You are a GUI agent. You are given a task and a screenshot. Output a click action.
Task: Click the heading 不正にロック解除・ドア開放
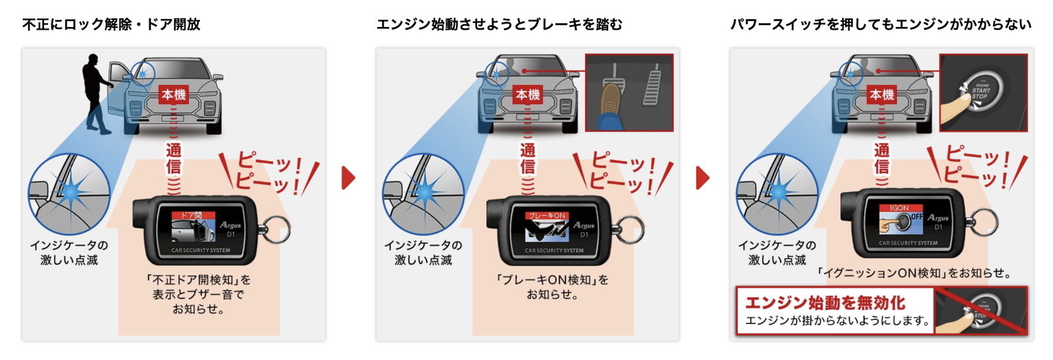click(111, 24)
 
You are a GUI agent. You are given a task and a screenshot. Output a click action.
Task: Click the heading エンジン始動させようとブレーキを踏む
click(499, 24)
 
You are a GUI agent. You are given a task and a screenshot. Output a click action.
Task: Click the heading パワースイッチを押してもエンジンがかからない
click(881, 24)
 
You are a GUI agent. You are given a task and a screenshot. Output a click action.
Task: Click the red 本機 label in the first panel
click(174, 95)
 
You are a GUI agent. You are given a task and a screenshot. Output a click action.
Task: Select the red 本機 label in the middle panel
click(528, 95)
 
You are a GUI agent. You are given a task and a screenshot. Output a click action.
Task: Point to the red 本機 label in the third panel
click(882, 95)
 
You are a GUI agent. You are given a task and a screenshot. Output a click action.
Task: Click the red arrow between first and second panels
click(348, 178)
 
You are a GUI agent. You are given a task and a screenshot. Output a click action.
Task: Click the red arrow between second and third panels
click(703, 178)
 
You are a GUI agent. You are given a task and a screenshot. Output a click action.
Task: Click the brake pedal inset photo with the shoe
click(629, 93)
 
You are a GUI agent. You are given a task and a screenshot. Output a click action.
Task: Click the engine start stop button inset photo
click(983, 93)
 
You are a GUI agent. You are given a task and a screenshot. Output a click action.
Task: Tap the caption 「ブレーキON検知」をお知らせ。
click(552, 287)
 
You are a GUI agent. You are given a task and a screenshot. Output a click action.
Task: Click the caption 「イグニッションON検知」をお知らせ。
click(914, 273)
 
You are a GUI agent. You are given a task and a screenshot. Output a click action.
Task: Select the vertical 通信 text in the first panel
click(174, 159)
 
